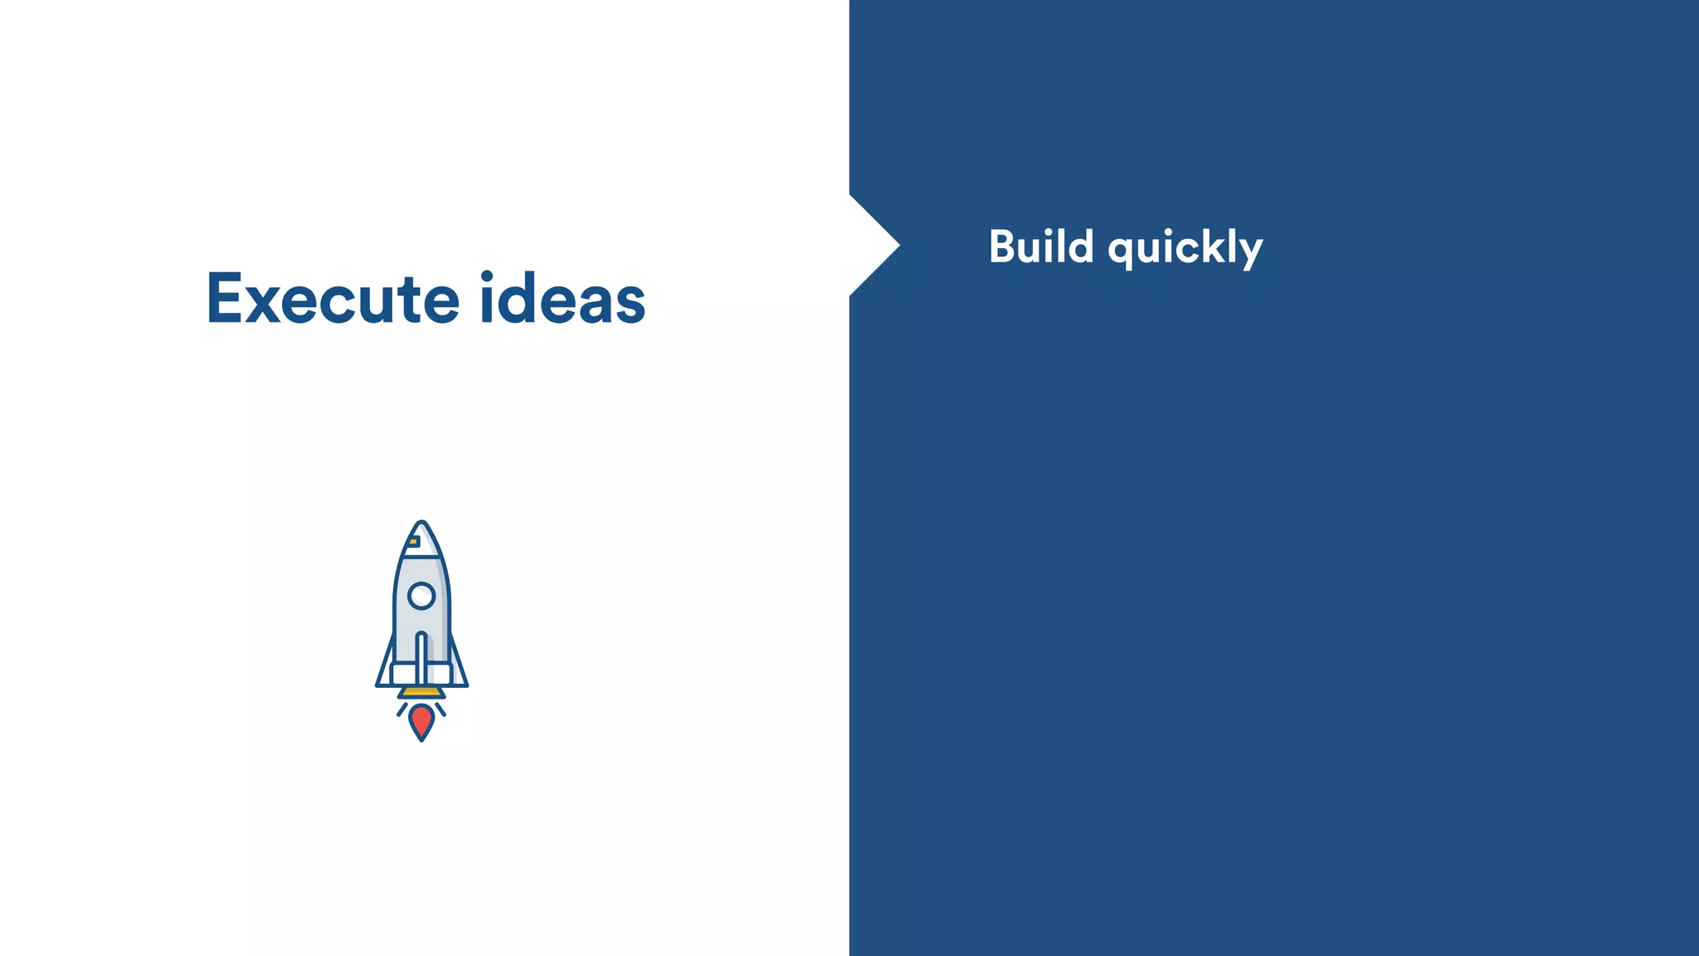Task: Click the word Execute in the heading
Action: click(x=332, y=299)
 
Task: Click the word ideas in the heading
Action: click(x=562, y=299)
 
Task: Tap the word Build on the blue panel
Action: click(x=1041, y=247)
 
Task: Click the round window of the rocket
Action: click(x=421, y=595)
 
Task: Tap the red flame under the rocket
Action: click(x=421, y=720)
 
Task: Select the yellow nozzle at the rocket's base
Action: click(x=421, y=692)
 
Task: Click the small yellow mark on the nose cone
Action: click(x=413, y=542)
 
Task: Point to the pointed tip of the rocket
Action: click(x=421, y=524)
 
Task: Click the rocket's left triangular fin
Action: click(x=385, y=671)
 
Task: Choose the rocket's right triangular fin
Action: click(x=458, y=671)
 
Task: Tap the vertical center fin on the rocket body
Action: click(x=421, y=660)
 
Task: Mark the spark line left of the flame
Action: click(x=402, y=709)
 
